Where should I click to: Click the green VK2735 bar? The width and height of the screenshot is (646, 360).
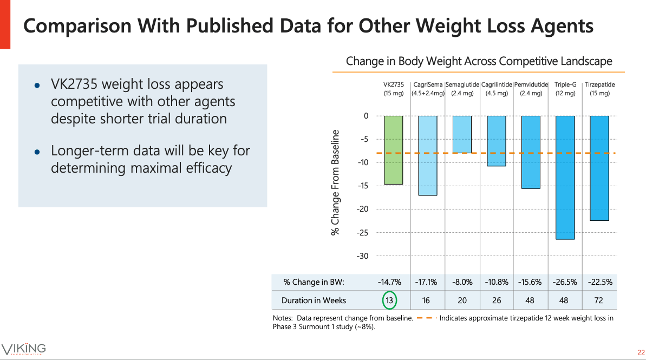[x=393, y=150]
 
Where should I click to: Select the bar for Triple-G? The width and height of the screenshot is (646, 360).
[x=565, y=178]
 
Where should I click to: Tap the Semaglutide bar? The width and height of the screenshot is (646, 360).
[x=462, y=134]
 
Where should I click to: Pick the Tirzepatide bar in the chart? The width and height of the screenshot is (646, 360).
[x=599, y=168]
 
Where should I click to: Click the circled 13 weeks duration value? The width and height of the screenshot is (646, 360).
[x=389, y=300]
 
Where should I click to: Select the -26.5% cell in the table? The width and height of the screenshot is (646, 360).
[x=565, y=282]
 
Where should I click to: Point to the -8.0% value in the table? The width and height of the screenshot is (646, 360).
[x=462, y=282]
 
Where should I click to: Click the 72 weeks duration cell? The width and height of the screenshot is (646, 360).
[x=599, y=300]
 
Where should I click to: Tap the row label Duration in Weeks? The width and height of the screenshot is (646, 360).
[x=314, y=300]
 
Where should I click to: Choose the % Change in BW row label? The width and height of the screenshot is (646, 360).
[x=314, y=282]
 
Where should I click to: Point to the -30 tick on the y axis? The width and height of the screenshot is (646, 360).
[x=362, y=256]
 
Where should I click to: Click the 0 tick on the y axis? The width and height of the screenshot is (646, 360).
[x=366, y=116]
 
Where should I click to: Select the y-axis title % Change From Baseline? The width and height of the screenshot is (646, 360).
[x=336, y=182]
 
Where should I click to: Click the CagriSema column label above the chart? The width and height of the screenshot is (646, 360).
[x=428, y=89]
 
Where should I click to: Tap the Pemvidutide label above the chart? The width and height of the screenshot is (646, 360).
[x=531, y=89]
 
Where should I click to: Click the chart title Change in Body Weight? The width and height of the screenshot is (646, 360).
[x=479, y=61]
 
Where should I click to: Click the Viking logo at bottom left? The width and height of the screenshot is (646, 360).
[x=24, y=348]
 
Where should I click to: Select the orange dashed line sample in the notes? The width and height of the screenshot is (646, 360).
[x=427, y=318]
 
